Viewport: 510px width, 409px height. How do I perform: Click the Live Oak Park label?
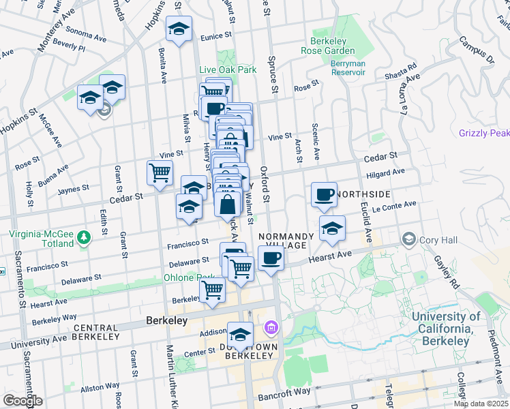click(x=227, y=70)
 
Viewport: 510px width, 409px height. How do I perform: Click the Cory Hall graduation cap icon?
click(x=408, y=239)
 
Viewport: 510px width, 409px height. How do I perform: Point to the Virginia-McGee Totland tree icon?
click(x=84, y=237)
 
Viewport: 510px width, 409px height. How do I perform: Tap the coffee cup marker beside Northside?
click(x=324, y=195)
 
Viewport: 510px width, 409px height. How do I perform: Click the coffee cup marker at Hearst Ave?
click(x=271, y=258)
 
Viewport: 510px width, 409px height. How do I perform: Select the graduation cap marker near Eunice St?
click(x=179, y=29)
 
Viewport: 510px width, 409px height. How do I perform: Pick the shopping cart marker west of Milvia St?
click(x=160, y=172)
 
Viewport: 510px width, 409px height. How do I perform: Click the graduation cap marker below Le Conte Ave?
click(x=332, y=228)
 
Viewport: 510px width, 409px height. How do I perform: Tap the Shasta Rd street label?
click(x=401, y=72)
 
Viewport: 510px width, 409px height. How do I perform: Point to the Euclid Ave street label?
click(x=368, y=224)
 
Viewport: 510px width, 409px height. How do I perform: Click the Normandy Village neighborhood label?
click(x=286, y=241)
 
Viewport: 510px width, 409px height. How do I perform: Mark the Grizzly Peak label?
click(x=483, y=133)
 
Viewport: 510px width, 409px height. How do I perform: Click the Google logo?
click(x=22, y=401)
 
